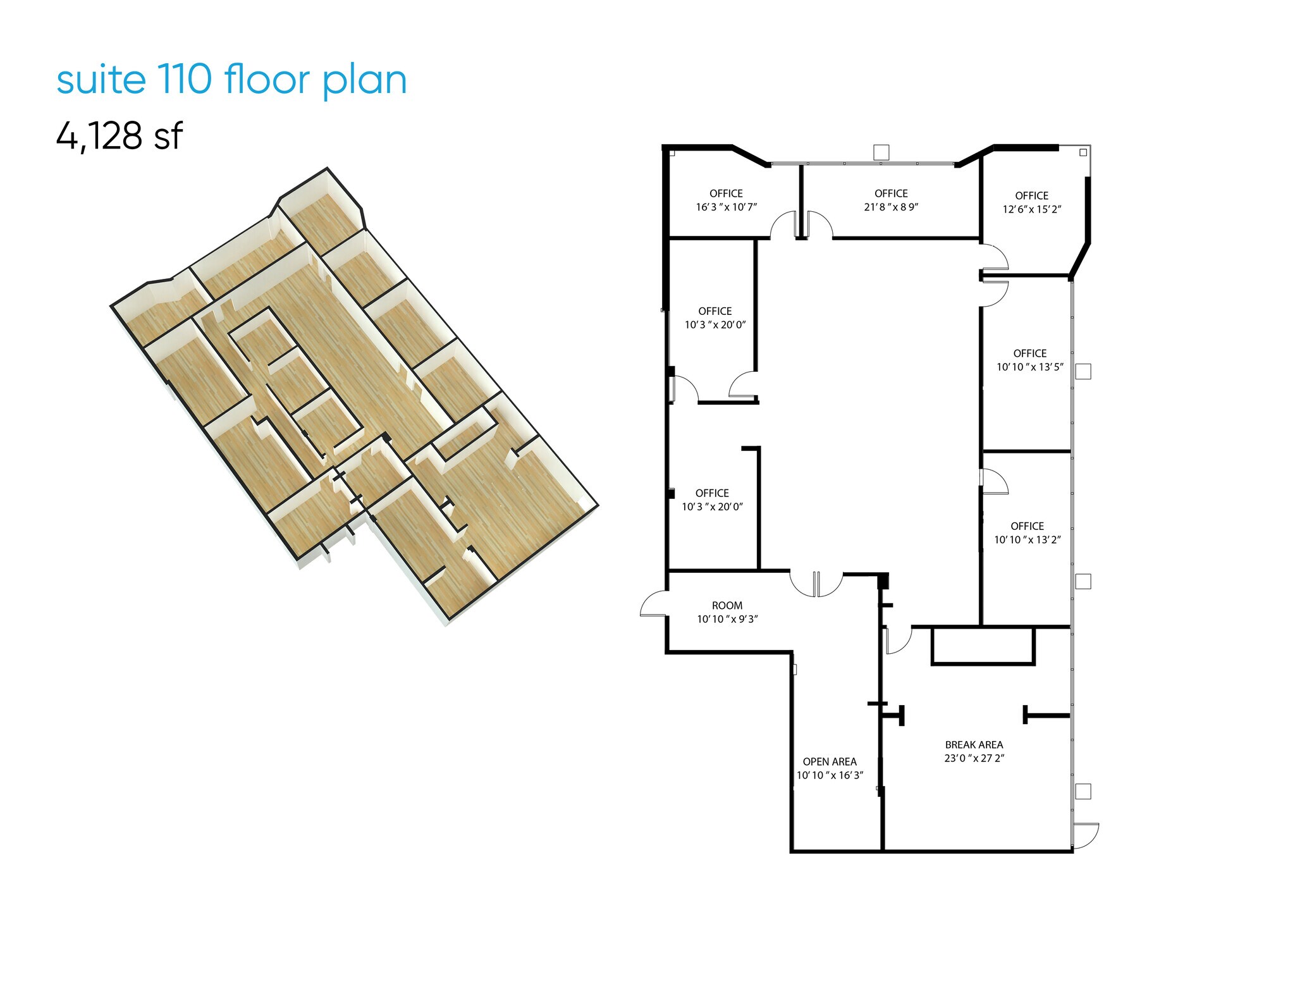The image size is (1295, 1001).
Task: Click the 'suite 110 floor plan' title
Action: pyautogui.click(x=231, y=80)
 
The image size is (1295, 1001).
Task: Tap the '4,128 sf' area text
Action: pyautogui.click(x=120, y=135)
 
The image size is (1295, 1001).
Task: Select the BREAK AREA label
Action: pyautogui.click(x=974, y=745)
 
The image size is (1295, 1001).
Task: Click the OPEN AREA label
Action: pyautogui.click(x=830, y=762)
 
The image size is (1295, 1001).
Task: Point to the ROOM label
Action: pyautogui.click(x=727, y=606)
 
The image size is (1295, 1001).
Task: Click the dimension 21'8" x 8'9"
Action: pyautogui.click(x=891, y=207)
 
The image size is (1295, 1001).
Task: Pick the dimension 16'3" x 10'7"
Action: pyautogui.click(x=726, y=207)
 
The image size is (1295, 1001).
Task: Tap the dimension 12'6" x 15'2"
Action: pyautogui.click(x=1031, y=209)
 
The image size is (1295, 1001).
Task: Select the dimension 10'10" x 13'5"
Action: pyautogui.click(x=1029, y=367)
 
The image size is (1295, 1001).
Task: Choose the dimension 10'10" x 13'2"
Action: pyautogui.click(x=1027, y=539)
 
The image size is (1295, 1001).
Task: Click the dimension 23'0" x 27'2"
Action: pyautogui.click(x=974, y=758)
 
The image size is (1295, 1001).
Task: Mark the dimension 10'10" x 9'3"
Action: pyautogui.click(x=727, y=619)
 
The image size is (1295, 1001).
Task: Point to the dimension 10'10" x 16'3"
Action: pyautogui.click(x=830, y=775)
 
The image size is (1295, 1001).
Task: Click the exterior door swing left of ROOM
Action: pyautogui.click(x=653, y=603)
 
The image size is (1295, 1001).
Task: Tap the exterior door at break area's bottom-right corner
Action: pyautogui.click(x=1086, y=835)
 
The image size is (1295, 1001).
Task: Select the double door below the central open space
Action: pyautogui.click(x=816, y=584)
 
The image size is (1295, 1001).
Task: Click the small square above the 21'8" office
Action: pyautogui.click(x=881, y=152)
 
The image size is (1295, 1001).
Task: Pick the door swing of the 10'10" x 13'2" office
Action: pyautogui.click(x=993, y=481)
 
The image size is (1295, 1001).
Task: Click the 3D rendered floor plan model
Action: pyautogui.click(x=354, y=398)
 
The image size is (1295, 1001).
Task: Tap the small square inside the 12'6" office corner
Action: pyautogui.click(x=1083, y=152)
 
